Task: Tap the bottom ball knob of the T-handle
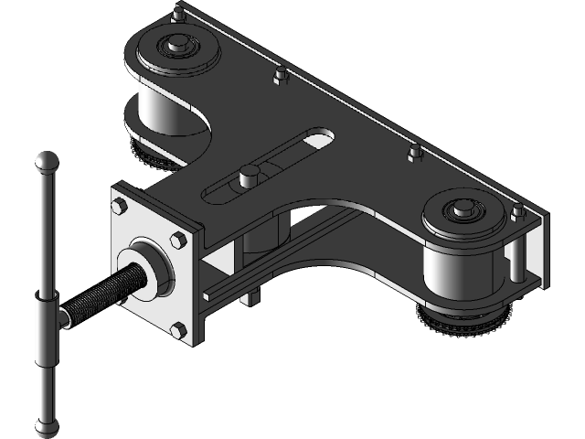(44, 426)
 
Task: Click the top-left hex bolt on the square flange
(118, 206)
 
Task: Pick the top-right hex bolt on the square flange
(177, 241)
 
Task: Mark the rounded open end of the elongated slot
(319, 139)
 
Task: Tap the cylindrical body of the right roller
(452, 279)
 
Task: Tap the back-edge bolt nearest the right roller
(415, 153)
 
